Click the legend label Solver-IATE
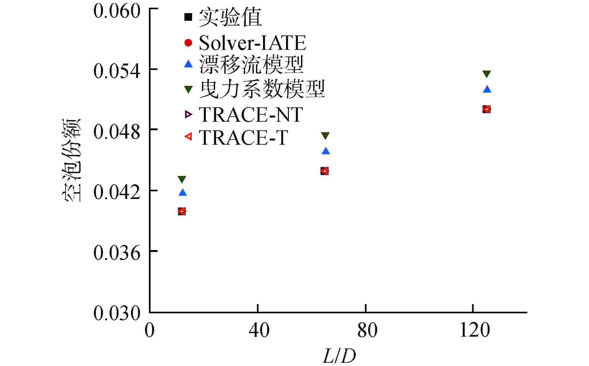(x=252, y=43)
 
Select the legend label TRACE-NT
(x=250, y=114)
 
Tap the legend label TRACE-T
(x=243, y=137)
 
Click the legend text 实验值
(x=230, y=17)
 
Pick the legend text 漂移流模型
(x=251, y=65)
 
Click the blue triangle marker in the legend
(x=189, y=64)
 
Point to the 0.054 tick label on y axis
(x=117, y=71)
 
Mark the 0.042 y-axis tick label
(x=117, y=192)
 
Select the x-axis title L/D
(x=339, y=356)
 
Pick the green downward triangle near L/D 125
(x=487, y=74)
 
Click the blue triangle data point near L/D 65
(x=326, y=151)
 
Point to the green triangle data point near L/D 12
(x=182, y=179)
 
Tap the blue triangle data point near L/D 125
(x=487, y=89)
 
